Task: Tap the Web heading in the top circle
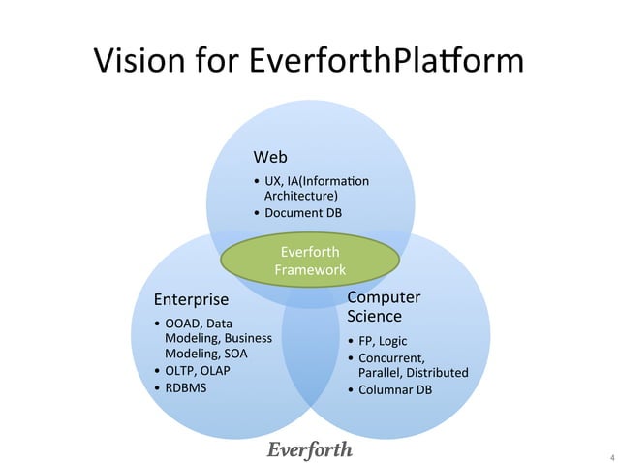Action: [x=270, y=157]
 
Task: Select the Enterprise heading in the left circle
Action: [x=192, y=299]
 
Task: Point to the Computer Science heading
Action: [x=384, y=306]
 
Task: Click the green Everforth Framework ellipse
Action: [x=310, y=262]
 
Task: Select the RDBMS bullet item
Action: [x=186, y=388]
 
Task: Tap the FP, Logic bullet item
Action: [x=385, y=341]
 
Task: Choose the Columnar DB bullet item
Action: [x=395, y=390]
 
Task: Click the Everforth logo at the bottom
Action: [x=310, y=450]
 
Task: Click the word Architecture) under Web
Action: [x=301, y=195]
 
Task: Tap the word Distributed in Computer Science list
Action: [x=437, y=373]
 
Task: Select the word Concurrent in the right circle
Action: [x=390, y=358]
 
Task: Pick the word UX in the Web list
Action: [x=273, y=180]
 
